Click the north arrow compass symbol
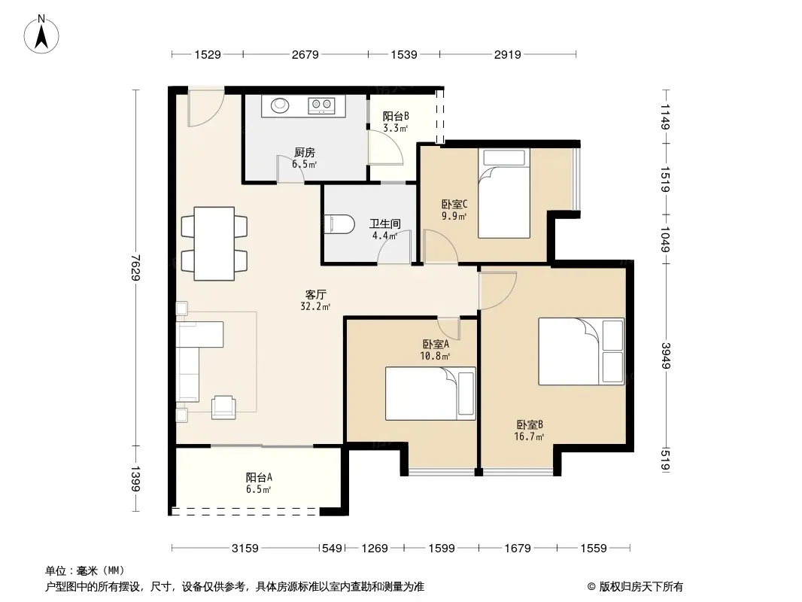coord(41,35)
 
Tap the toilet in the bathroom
coord(339,224)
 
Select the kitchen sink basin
coord(280,105)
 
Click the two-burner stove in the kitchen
coord(322,106)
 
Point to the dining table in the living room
coord(214,244)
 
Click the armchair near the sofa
coord(224,407)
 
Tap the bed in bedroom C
coord(504,193)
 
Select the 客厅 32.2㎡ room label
coord(315,300)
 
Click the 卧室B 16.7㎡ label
coord(530,430)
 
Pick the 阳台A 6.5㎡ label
coord(259,483)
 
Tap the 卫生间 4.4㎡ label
coord(385,230)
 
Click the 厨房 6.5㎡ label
coord(305,158)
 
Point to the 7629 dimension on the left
coord(135,267)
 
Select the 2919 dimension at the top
coord(507,54)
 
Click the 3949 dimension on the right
coord(666,355)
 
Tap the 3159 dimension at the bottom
coord(245,549)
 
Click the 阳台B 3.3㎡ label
coord(396,122)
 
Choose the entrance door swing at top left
coord(205,107)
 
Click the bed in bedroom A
coord(430,394)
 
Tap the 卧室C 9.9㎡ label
coord(454,210)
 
